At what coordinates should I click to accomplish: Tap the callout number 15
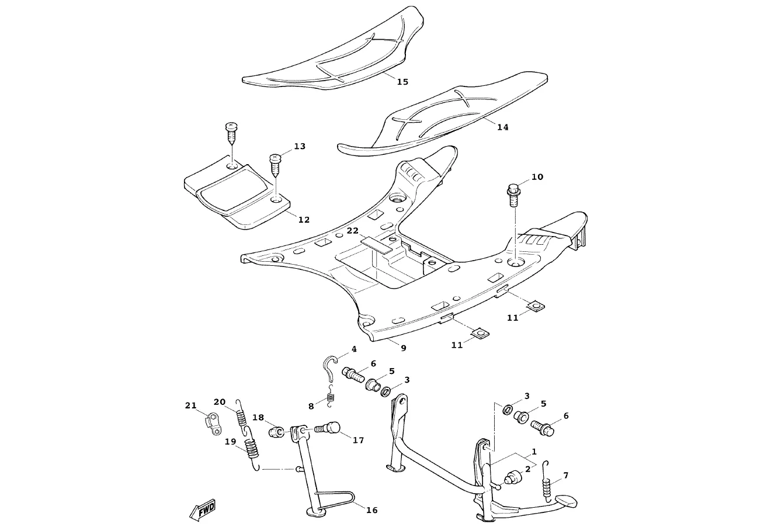point(402,82)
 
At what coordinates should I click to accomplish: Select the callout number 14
point(502,127)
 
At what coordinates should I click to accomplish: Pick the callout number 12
point(304,220)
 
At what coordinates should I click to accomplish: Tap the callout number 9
point(403,348)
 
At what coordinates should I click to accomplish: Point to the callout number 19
point(230,442)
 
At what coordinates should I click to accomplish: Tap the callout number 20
point(219,402)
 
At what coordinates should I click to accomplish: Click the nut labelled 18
point(276,432)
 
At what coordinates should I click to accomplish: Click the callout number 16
point(371,510)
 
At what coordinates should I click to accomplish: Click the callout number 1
point(533,452)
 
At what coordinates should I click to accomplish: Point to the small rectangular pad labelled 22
point(377,243)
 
